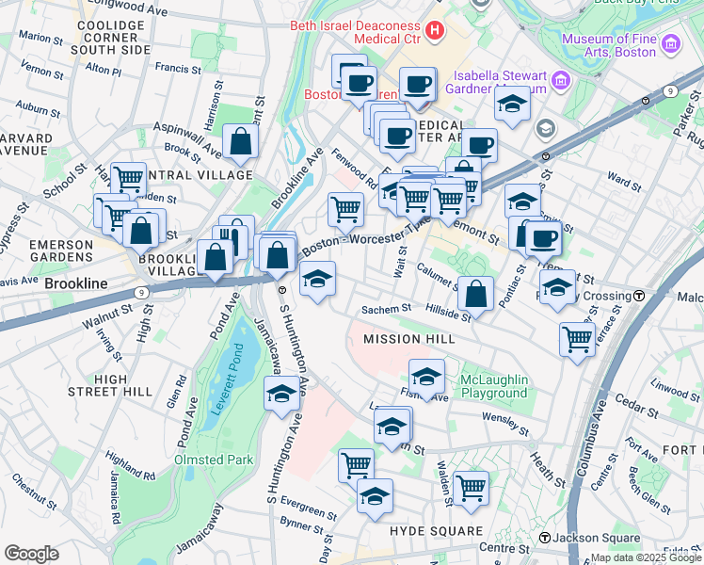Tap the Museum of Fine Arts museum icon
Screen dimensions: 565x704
point(670,44)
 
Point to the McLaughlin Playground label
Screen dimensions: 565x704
point(493,386)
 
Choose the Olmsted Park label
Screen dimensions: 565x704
point(214,460)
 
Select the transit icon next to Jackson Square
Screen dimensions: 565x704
point(544,538)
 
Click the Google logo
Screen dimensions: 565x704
point(31,553)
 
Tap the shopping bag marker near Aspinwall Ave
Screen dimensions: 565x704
point(242,141)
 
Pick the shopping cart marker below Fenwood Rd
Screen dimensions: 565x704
point(346,208)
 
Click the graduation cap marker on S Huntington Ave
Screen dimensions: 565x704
point(280,395)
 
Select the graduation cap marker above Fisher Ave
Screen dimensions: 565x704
point(426,376)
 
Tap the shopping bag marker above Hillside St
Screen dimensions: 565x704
point(477,293)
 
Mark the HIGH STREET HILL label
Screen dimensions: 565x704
point(123,385)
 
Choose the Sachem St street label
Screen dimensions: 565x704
point(387,309)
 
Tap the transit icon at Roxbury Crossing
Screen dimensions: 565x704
point(639,296)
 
